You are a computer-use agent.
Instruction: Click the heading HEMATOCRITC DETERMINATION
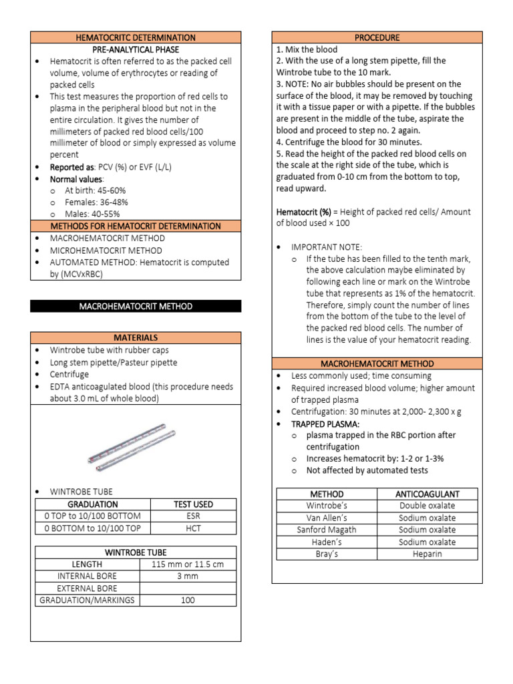point(136,37)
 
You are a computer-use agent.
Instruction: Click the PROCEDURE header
point(377,37)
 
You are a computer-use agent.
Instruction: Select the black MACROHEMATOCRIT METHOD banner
point(136,306)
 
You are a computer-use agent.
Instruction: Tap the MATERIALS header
point(136,338)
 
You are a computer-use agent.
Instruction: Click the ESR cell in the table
point(193,516)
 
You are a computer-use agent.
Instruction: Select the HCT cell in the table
point(193,528)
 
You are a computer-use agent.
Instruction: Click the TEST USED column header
point(193,504)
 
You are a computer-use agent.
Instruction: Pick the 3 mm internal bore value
point(188,576)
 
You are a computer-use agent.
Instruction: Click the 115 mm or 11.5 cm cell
point(188,564)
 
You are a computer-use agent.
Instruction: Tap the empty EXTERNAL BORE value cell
point(188,588)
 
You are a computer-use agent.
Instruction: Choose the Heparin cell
point(427,554)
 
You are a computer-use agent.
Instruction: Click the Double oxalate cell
point(427,506)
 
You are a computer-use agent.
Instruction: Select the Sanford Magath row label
point(327,530)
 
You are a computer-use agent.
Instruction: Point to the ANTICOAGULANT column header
point(427,494)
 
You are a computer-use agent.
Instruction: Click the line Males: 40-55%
point(92,214)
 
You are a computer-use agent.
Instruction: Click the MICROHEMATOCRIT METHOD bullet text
point(106,250)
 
